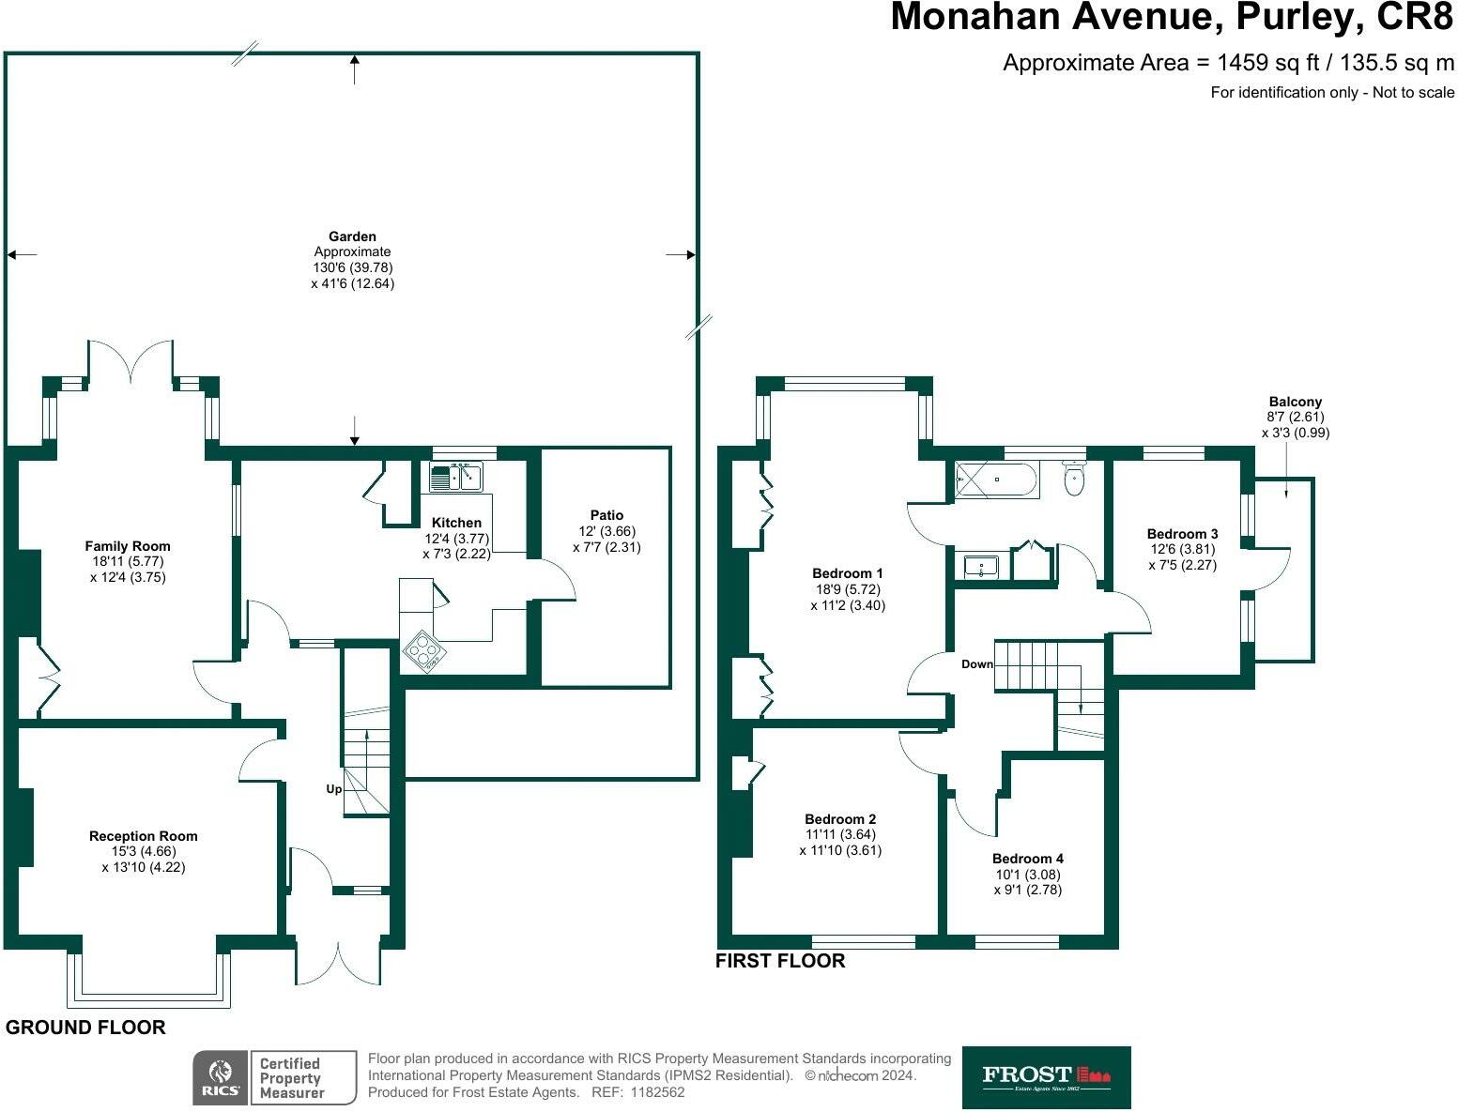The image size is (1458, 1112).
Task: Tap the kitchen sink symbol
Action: [455, 477]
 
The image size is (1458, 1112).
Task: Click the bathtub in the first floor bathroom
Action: [996, 480]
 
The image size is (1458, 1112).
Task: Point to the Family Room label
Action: [128, 546]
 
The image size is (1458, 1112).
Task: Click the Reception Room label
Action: [144, 836]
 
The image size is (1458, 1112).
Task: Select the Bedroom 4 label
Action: [1028, 859]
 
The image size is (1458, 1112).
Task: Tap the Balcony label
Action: [1295, 402]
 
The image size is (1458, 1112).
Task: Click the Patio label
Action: [606, 515]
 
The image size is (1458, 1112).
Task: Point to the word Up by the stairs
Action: [333, 789]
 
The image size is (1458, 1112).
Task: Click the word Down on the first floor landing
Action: [977, 664]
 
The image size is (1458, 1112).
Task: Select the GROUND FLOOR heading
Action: [85, 1028]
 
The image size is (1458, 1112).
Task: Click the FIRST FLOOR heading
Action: [780, 961]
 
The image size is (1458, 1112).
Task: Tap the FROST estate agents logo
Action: [1046, 1077]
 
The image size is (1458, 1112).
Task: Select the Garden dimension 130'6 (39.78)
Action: [352, 267]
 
